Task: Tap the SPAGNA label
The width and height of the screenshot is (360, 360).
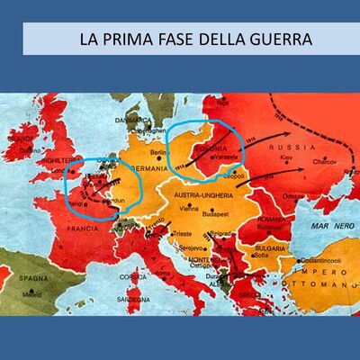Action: coord(32,281)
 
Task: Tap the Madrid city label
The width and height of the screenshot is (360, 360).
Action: coord(32,293)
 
